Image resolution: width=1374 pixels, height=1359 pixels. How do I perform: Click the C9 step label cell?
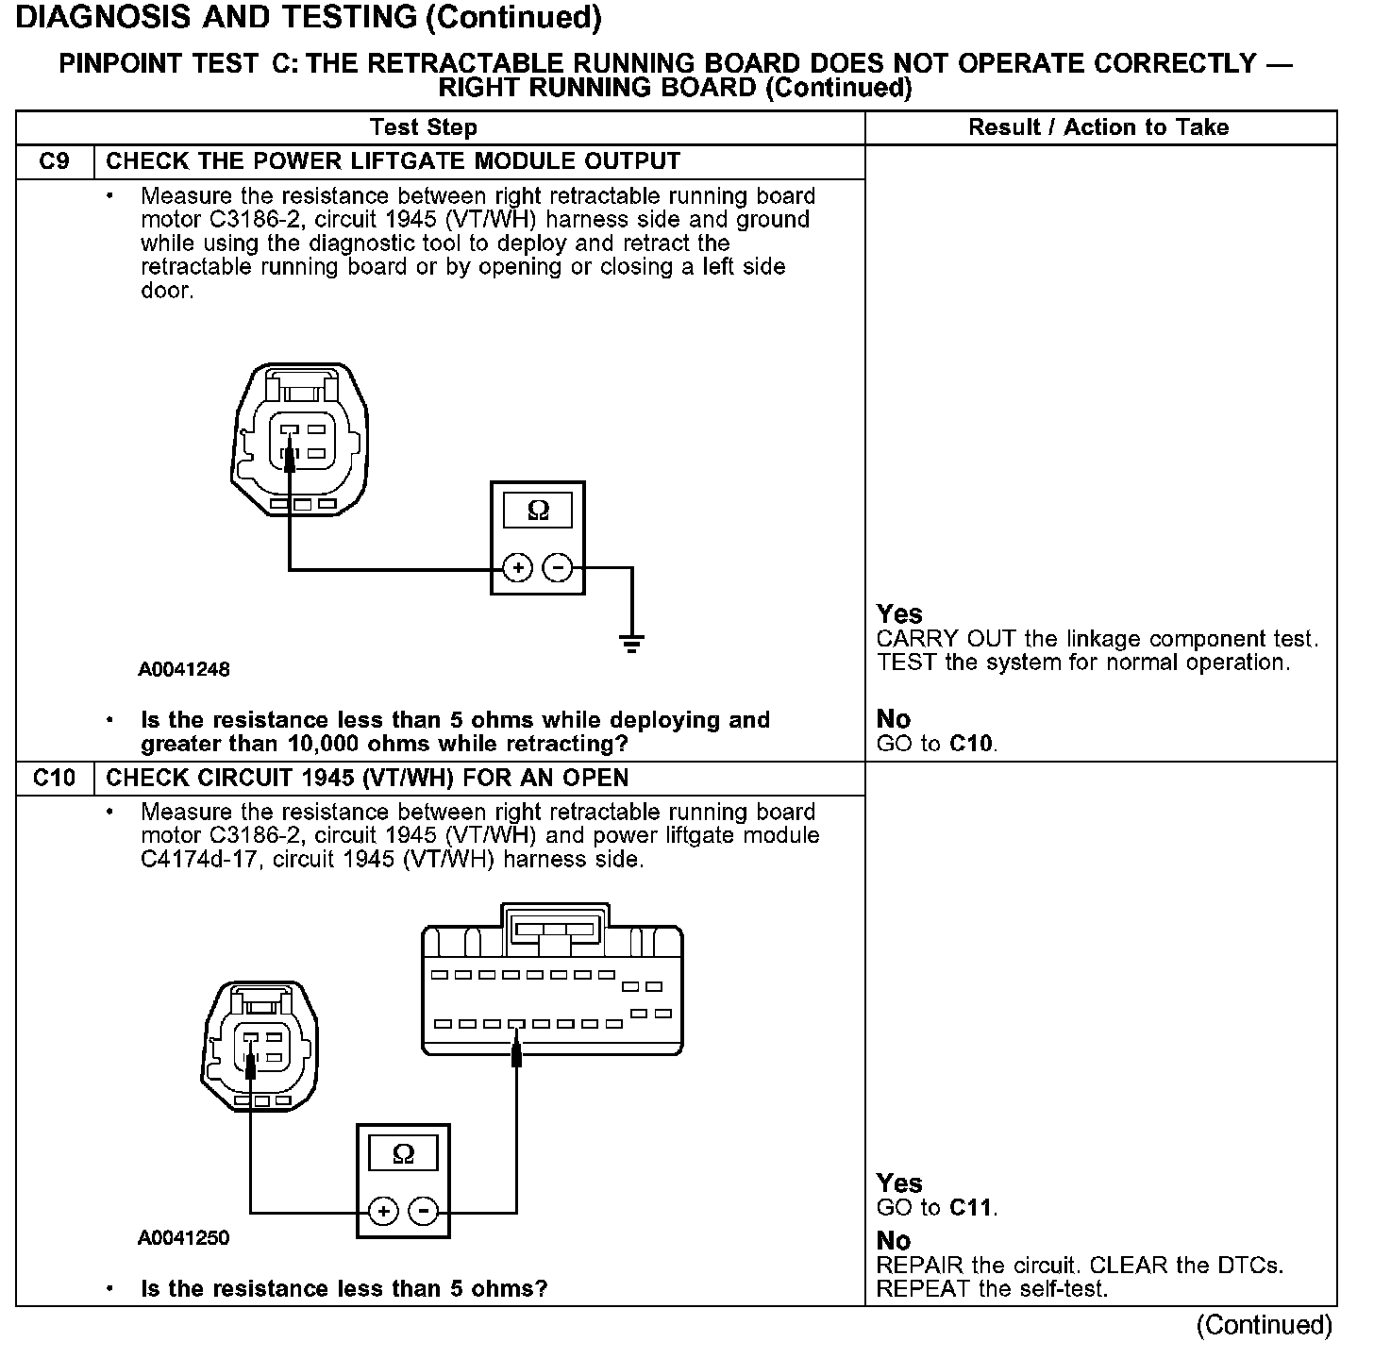55,161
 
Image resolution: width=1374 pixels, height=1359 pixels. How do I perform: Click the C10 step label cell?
55,778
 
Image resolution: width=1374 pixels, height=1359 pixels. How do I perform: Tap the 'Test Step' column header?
423,127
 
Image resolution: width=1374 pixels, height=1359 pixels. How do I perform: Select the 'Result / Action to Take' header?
1098,127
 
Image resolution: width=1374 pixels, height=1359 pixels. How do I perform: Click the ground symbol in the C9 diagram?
631,644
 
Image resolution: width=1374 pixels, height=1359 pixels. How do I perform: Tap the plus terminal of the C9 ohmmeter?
517,568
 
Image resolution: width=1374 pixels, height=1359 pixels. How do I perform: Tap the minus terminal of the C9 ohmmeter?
558,568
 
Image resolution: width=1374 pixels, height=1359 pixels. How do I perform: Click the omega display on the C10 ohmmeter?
403,1153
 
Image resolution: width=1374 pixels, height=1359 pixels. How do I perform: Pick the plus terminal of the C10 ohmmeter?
382,1211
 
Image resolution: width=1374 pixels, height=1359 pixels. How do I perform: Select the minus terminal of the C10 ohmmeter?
424,1211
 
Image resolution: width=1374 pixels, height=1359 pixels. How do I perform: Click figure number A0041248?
184,670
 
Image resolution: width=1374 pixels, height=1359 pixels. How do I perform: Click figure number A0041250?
184,1237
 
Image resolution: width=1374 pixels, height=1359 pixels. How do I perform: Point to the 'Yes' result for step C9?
899,613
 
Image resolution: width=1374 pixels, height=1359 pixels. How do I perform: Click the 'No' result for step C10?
894,1241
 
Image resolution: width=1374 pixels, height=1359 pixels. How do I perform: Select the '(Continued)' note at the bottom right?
1264,1325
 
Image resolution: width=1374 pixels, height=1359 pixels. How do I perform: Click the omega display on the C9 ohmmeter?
538,511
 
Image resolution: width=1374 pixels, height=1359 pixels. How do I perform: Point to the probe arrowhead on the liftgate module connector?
516,1049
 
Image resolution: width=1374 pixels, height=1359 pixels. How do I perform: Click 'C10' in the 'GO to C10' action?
972,744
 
